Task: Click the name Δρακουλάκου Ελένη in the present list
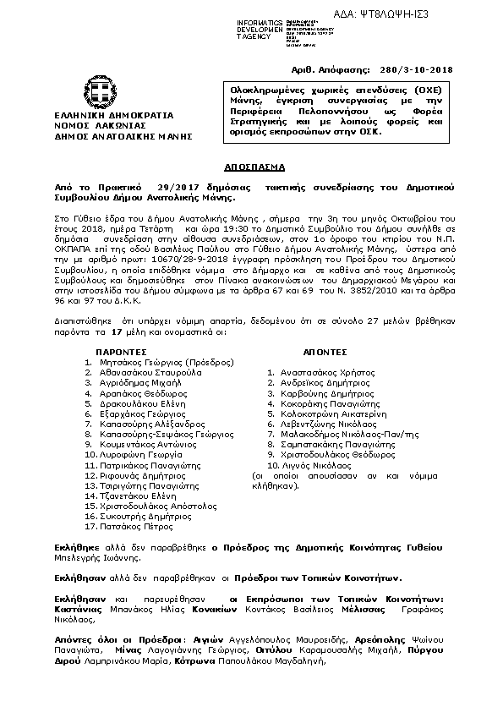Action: tap(139, 405)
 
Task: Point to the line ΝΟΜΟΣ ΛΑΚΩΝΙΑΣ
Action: tap(99, 124)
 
